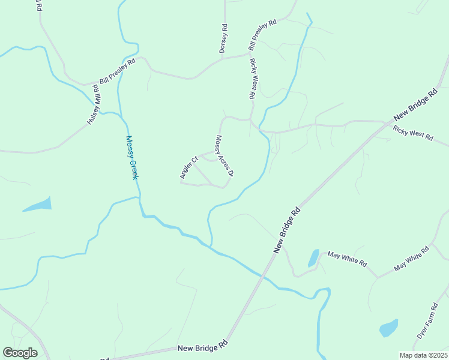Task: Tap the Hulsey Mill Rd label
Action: pos(93,104)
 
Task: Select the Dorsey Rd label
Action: pos(223,38)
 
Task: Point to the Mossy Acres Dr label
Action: pos(224,155)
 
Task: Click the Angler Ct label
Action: pos(188,168)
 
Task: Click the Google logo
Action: pos(20,353)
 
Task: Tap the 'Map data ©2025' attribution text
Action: pos(423,355)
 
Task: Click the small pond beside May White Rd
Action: pos(313,258)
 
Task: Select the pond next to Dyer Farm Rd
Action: pos(388,328)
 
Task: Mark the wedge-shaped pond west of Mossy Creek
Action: pos(38,205)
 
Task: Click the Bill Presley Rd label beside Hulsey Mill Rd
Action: pos(118,71)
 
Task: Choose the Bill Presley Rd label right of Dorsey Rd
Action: pos(262,35)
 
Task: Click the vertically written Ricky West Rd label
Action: pos(253,79)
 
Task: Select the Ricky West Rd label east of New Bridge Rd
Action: pos(413,133)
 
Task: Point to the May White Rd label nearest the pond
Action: pos(346,259)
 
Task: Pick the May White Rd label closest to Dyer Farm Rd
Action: pos(411,259)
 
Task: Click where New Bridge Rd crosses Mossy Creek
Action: pos(262,274)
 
